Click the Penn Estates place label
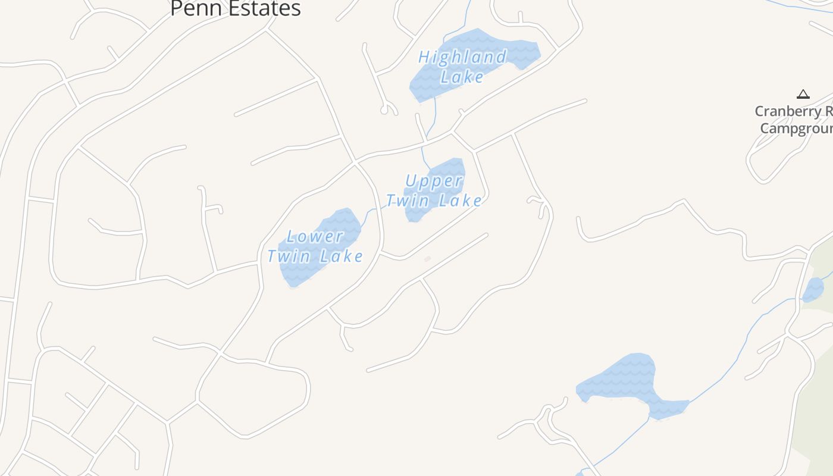(x=235, y=8)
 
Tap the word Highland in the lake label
(x=462, y=58)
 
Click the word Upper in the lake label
(x=434, y=181)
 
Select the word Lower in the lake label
(x=315, y=237)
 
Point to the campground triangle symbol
(x=803, y=94)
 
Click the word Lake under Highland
(x=462, y=77)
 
